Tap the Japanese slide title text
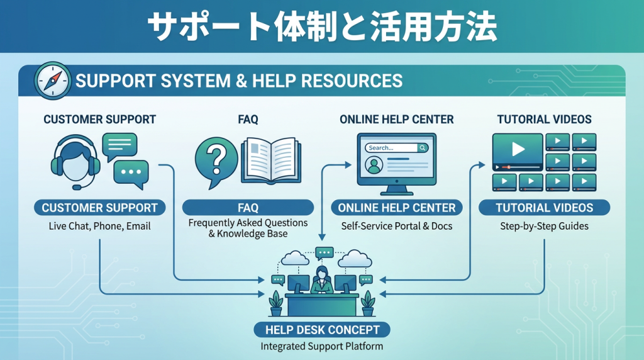322,26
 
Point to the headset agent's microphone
77,186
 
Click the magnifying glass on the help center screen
423,148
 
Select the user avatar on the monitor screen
375,165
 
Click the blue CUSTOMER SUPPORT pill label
99,208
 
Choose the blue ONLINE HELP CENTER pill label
397,208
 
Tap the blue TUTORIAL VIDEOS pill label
544,208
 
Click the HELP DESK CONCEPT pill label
322,330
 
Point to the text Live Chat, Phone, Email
99,226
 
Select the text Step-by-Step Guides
544,226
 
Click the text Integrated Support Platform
322,346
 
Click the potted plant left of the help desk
275,303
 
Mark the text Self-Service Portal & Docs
397,226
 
